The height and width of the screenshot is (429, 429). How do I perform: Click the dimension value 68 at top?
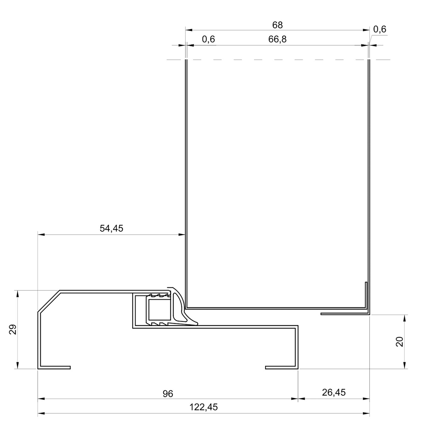277,25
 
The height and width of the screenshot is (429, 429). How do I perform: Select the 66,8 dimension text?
277,39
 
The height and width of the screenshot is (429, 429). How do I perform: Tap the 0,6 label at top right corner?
380,29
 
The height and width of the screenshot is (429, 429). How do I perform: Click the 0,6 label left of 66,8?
208,39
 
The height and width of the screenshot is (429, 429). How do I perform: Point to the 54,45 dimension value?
111,228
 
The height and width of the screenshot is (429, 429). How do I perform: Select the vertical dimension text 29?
13,330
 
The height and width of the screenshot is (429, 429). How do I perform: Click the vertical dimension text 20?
400,342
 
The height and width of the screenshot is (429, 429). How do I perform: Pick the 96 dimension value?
168,394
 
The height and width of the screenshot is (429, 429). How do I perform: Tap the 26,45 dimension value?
333,392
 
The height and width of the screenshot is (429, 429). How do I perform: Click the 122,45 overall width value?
203,407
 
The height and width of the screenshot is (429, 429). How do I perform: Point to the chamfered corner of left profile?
49,302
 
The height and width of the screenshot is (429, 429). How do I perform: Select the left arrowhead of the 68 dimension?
189,30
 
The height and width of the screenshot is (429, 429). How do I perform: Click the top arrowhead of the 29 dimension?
18,294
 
